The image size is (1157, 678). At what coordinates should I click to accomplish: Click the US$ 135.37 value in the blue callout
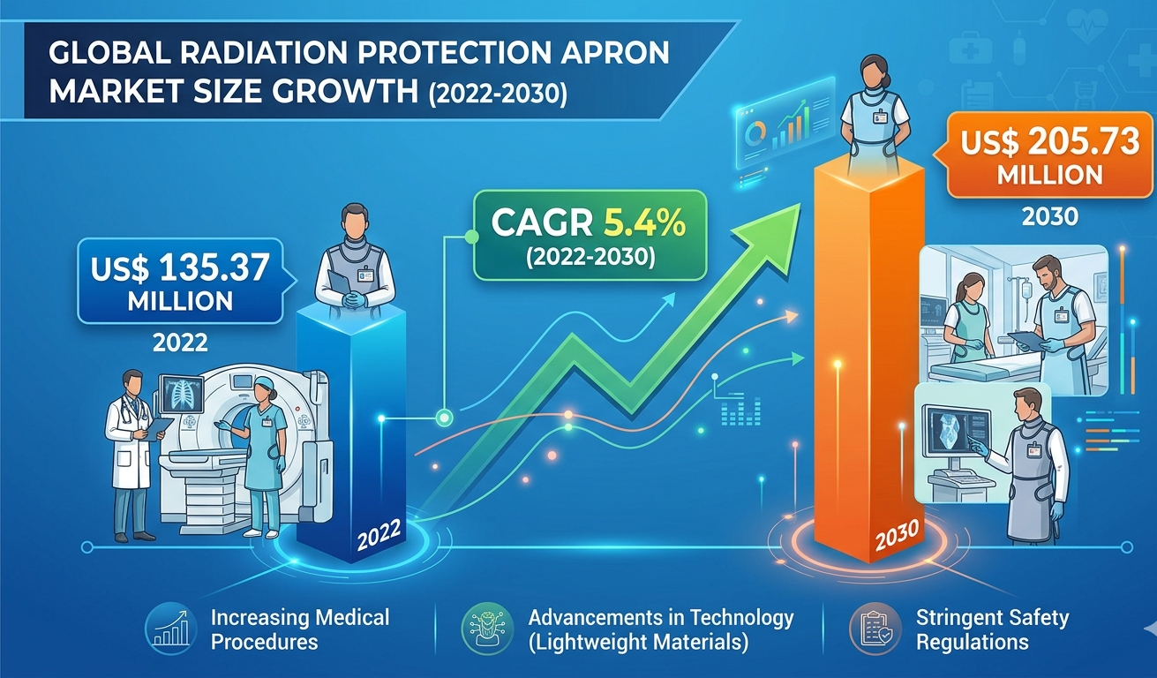(180, 268)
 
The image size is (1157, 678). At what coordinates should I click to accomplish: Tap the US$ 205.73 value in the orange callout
(1049, 141)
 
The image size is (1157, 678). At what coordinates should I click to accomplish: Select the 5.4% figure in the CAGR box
(645, 222)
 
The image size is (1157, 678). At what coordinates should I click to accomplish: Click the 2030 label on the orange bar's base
(898, 534)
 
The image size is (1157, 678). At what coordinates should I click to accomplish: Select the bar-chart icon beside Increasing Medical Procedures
(171, 629)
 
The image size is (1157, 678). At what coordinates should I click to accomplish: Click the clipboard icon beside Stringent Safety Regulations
(875, 629)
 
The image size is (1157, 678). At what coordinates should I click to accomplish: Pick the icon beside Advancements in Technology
(487, 629)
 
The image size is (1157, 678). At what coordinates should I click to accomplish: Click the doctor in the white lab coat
(131, 455)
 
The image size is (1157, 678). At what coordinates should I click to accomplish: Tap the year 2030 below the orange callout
(1050, 216)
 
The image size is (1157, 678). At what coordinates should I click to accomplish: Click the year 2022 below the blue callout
(180, 343)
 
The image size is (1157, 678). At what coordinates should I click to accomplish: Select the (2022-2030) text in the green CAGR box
(590, 257)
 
